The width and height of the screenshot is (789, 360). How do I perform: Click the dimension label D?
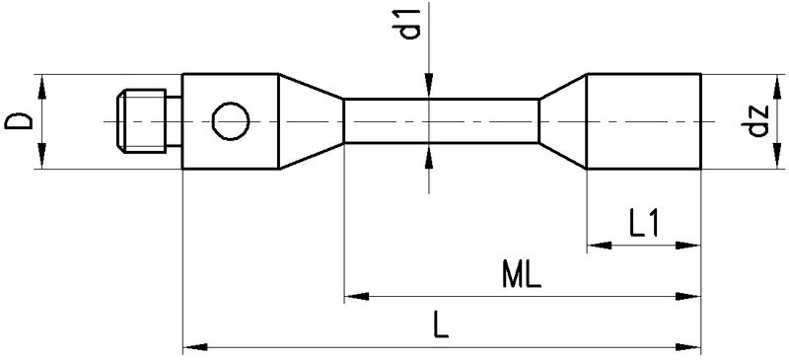[x=17, y=121]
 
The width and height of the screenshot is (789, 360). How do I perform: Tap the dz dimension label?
[x=758, y=121]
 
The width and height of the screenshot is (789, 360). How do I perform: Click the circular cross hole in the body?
[x=232, y=121]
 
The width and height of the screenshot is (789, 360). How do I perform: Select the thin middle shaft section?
[x=441, y=121]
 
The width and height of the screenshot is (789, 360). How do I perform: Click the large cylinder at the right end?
[x=644, y=121]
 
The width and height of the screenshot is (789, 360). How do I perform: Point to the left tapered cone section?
[x=311, y=121]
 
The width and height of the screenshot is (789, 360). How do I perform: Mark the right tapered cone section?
[x=562, y=121]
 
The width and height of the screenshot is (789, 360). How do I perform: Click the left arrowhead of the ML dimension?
[x=354, y=295]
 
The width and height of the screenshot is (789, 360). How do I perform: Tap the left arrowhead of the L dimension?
[x=194, y=346]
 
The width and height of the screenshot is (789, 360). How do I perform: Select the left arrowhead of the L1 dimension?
[x=598, y=244]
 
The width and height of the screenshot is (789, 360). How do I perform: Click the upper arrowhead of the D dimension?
[x=42, y=83]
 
